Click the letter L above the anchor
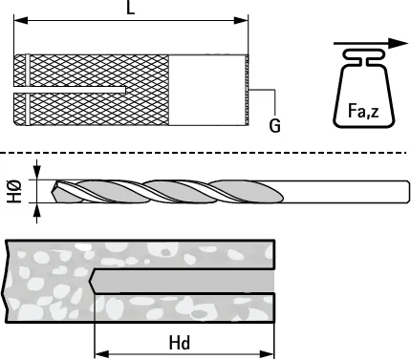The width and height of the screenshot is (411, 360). click(x=131, y=8)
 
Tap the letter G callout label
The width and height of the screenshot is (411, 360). click(x=274, y=125)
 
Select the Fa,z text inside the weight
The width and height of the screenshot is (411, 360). click(x=363, y=111)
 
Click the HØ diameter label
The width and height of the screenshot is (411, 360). click(x=14, y=191)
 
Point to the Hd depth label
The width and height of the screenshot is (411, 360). click(x=180, y=343)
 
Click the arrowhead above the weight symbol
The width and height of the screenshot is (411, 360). click(x=399, y=43)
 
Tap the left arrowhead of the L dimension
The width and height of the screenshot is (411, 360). click(x=21, y=21)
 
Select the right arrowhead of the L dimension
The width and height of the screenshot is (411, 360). click(x=241, y=21)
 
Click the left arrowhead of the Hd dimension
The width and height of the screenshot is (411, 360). click(x=102, y=354)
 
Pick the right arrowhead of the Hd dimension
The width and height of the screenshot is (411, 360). click(x=267, y=354)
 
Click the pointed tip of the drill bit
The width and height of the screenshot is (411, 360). click(x=53, y=192)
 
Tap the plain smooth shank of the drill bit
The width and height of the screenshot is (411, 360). click(x=346, y=191)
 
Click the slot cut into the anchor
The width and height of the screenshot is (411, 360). click(x=70, y=90)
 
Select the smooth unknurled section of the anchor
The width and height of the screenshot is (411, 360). click(x=206, y=90)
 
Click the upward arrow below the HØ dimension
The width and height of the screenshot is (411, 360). click(x=37, y=213)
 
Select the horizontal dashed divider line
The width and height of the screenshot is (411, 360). click(x=204, y=153)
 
